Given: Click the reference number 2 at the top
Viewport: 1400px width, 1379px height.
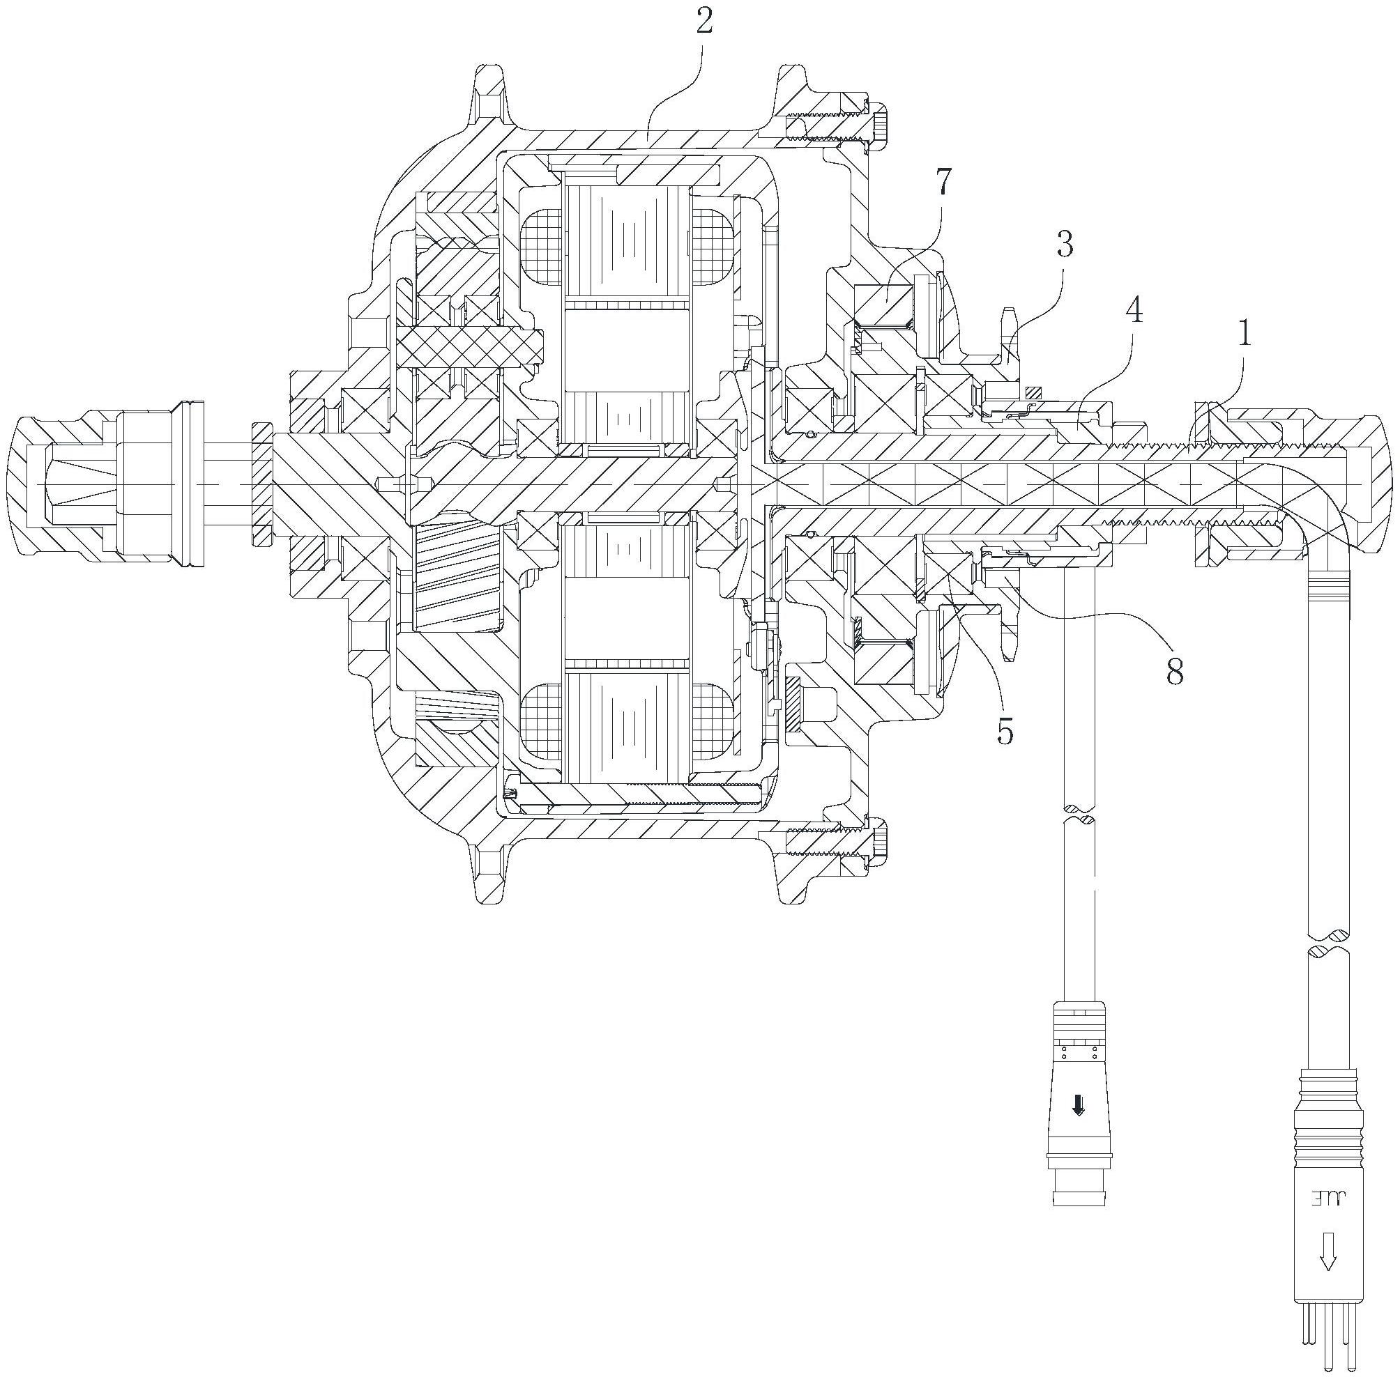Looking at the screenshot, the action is coord(704,23).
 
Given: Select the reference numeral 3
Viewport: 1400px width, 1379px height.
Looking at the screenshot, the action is coord(1064,245).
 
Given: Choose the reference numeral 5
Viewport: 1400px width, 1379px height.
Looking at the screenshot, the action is coord(1005,732).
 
